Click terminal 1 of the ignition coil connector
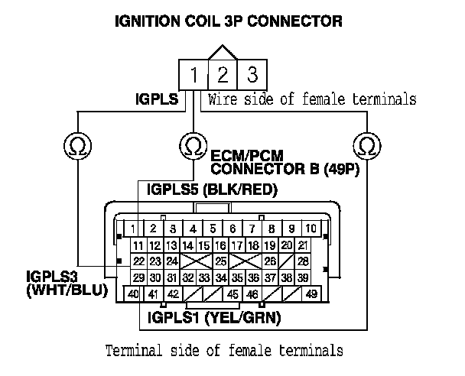pyautogui.click(x=194, y=76)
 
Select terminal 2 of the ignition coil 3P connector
pyautogui.click(x=223, y=76)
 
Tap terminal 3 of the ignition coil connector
pyautogui.click(x=251, y=76)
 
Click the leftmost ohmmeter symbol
pyautogui.click(x=76, y=144)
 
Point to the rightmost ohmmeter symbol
pyautogui.click(x=367, y=144)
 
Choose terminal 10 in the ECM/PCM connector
pyautogui.click(x=311, y=229)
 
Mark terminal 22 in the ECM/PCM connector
pyautogui.click(x=138, y=261)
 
